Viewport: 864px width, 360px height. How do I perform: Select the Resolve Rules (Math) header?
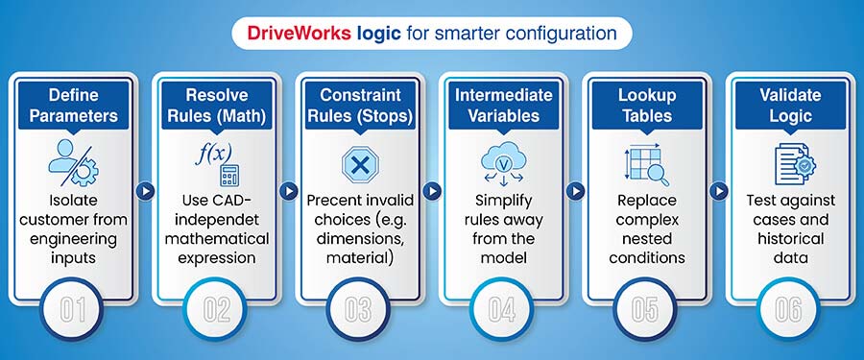click(x=215, y=106)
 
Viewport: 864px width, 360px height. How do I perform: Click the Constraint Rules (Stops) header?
click(x=359, y=106)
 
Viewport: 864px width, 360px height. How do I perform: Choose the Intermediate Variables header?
click(x=503, y=106)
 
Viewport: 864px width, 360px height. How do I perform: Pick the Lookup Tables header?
click(x=647, y=106)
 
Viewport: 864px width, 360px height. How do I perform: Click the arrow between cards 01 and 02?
click(x=143, y=190)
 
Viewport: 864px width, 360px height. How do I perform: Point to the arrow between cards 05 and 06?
click(x=719, y=190)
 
